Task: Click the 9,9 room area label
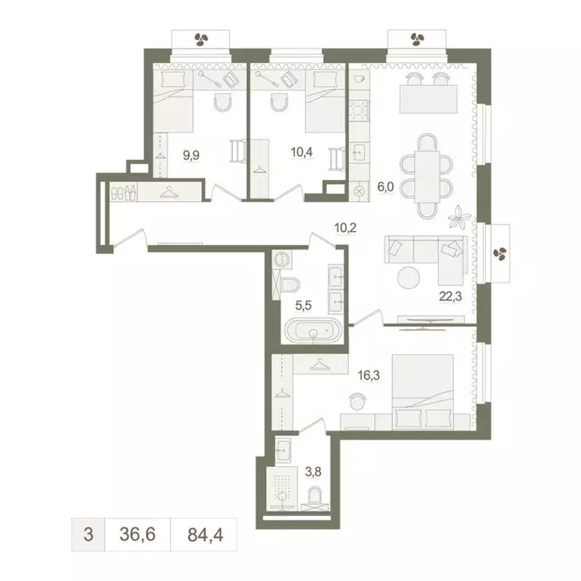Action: pyautogui.click(x=192, y=157)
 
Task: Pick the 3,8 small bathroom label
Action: pyautogui.click(x=312, y=470)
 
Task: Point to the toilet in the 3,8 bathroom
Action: pyautogui.click(x=315, y=496)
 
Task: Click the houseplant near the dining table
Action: pyautogui.click(x=458, y=217)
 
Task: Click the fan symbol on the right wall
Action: pyautogui.click(x=499, y=252)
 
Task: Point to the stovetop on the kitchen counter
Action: pyautogui.click(x=358, y=110)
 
